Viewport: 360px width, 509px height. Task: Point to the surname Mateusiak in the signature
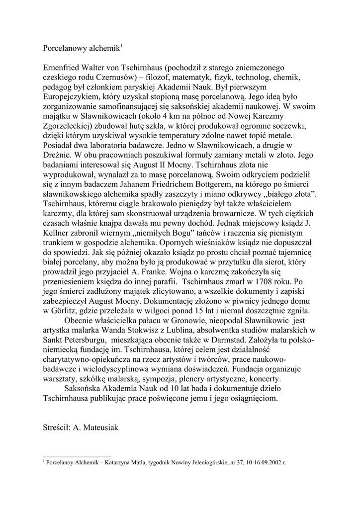click(109, 427)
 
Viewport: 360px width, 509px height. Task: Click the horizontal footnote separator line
click(77, 456)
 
